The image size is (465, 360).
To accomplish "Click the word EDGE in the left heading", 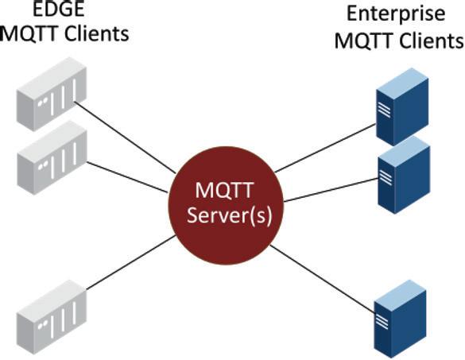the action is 58,9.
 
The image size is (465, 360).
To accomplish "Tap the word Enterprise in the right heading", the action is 396,14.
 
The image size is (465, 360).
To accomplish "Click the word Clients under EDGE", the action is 97,34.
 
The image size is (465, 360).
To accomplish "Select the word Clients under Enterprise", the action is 432,41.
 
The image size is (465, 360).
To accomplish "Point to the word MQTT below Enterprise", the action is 365,41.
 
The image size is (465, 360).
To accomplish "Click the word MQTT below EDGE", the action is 31,34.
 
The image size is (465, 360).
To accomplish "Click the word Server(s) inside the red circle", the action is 230,215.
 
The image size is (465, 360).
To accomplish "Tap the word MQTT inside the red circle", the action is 224,190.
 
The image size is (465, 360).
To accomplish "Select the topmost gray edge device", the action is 52,94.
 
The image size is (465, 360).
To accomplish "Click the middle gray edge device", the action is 52,157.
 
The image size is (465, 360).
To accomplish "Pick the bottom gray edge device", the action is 52,317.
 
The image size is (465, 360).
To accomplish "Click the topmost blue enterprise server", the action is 402,106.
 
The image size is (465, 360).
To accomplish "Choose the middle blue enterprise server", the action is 404,176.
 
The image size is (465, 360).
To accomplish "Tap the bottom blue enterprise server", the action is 400,319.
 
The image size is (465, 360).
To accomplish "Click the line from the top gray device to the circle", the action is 125,137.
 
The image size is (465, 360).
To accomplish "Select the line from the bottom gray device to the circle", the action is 131,262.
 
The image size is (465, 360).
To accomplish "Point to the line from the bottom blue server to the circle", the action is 323,279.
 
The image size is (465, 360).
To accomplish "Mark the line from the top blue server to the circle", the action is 326,148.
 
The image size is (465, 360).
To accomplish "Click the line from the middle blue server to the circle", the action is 331,190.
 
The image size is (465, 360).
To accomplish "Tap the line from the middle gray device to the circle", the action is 127,177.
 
